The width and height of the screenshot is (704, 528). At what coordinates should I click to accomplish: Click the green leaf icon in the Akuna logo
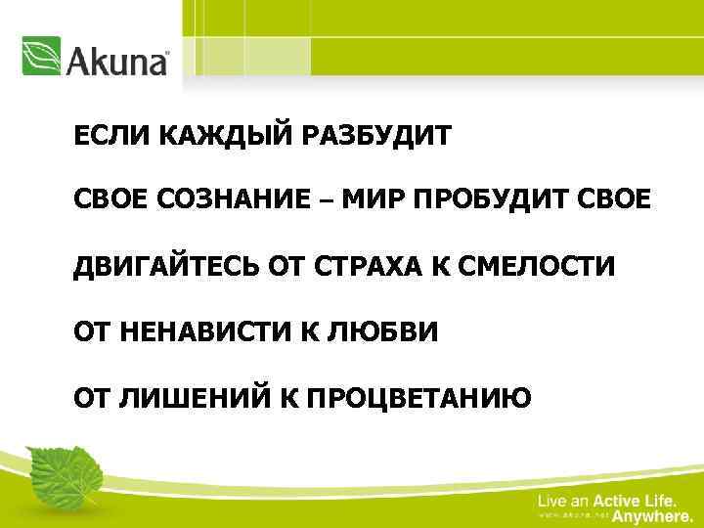click(41, 57)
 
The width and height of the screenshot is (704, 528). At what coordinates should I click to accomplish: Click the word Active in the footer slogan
click(617, 501)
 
